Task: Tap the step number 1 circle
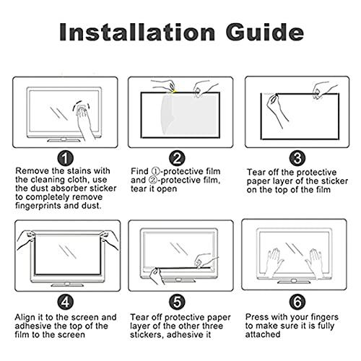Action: click(66, 158)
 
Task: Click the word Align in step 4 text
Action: click(30, 316)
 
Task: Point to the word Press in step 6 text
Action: click(258, 316)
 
